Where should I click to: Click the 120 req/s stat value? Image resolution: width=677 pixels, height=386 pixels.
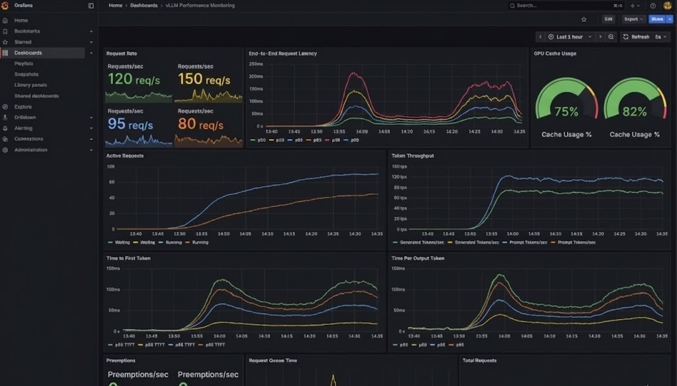coord(130,79)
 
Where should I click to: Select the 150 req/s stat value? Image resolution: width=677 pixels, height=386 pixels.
coord(204,80)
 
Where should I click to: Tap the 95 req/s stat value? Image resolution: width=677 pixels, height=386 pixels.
coord(130,124)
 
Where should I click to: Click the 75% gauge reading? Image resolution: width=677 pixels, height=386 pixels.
coord(566,112)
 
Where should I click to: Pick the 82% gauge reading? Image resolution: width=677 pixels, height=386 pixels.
coord(634,112)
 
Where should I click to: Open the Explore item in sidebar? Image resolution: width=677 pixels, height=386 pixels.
coord(23,107)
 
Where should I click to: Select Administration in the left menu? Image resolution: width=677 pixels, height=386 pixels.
coord(31,150)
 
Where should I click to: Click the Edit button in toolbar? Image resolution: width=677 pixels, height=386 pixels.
coord(608,19)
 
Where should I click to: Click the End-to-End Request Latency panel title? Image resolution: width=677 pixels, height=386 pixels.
coord(282,54)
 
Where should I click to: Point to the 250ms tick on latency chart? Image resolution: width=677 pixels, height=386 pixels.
coord(256,64)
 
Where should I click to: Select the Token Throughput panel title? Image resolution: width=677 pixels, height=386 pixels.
coord(412,156)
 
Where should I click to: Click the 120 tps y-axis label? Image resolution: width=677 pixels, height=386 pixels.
coord(399,176)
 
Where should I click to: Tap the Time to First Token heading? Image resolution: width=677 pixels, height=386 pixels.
coord(128,258)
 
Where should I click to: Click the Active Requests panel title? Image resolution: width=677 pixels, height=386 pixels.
coord(125,156)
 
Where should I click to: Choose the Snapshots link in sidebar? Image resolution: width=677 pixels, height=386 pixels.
coord(27,74)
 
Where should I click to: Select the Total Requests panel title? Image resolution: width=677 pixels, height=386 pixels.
coord(479,361)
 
